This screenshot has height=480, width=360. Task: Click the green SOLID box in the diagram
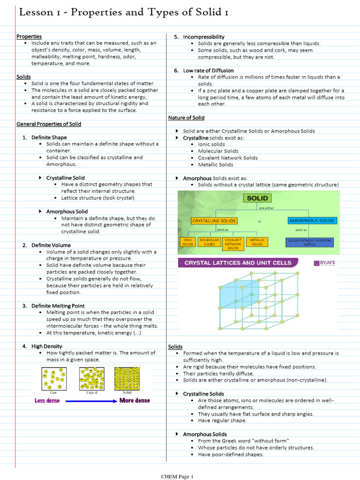pyautogui.click(x=257, y=198)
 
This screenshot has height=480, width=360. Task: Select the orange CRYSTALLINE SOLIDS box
pyautogui.click(x=214, y=221)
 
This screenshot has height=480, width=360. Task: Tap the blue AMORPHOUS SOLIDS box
pyautogui.click(x=312, y=221)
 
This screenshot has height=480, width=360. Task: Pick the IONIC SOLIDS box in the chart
pyautogui.click(x=187, y=242)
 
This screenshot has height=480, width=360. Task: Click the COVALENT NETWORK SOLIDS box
pyautogui.click(x=233, y=244)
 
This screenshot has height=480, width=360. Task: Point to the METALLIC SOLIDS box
pyautogui.click(x=257, y=242)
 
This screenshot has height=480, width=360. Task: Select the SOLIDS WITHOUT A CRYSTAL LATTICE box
pyautogui.click(x=309, y=242)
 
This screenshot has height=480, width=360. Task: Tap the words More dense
pyautogui.click(x=135, y=401)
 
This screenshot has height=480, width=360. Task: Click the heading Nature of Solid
pyautogui.click(x=186, y=118)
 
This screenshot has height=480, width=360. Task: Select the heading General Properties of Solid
pyautogui.click(x=49, y=124)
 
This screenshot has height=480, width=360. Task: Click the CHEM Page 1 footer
pyautogui.click(x=177, y=477)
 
